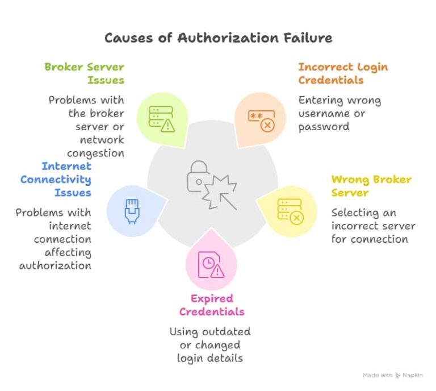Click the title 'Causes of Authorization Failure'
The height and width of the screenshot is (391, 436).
click(218, 38)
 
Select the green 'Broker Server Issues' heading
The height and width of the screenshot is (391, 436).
click(84, 74)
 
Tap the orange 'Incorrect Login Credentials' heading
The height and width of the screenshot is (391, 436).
click(343, 74)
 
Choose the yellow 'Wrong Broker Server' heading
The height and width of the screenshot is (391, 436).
click(371, 186)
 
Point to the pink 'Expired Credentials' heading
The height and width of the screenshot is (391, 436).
click(212, 305)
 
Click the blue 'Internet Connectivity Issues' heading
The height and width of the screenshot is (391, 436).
click(56, 180)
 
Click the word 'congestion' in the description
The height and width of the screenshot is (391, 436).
click(95, 153)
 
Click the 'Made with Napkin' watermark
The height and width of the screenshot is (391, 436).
click(393, 376)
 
